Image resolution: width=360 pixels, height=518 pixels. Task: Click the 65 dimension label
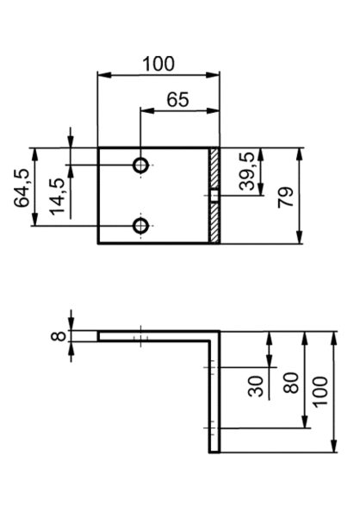[x=178, y=99]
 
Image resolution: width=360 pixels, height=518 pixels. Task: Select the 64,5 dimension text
[x=22, y=188]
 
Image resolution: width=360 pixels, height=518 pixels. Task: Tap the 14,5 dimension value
[x=58, y=197]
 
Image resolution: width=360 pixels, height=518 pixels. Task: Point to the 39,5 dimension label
[x=247, y=172]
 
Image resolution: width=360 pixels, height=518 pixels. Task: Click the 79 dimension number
[x=286, y=197]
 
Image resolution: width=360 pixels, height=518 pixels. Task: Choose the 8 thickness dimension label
[x=59, y=336]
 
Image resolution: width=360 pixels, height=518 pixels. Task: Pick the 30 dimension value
[x=256, y=386]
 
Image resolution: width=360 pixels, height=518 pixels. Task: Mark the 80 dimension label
[x=291, y=383]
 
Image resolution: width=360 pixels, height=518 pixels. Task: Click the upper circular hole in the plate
[x=141, y=165]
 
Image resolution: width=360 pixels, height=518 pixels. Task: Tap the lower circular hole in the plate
[x=141, y=226]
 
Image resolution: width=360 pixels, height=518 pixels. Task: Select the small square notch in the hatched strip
[x=214, y=196]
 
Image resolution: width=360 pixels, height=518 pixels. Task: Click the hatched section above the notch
[x=214, y=168]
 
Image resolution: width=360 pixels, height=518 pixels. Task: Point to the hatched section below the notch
[x=214, y=222]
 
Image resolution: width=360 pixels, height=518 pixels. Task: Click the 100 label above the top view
[x=158, y=64]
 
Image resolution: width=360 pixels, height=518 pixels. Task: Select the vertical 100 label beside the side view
[x=320, y=392]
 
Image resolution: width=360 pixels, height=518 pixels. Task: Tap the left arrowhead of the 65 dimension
[x=147, y=110]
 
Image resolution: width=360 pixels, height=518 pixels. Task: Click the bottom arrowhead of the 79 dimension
[x=300, y=237]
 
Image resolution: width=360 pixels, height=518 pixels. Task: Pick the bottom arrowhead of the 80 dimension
[x=305, y=421]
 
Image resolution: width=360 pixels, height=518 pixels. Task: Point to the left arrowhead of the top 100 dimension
[x=104, y=75]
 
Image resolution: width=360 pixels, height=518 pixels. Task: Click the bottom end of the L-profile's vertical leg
[x=214, y=452]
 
